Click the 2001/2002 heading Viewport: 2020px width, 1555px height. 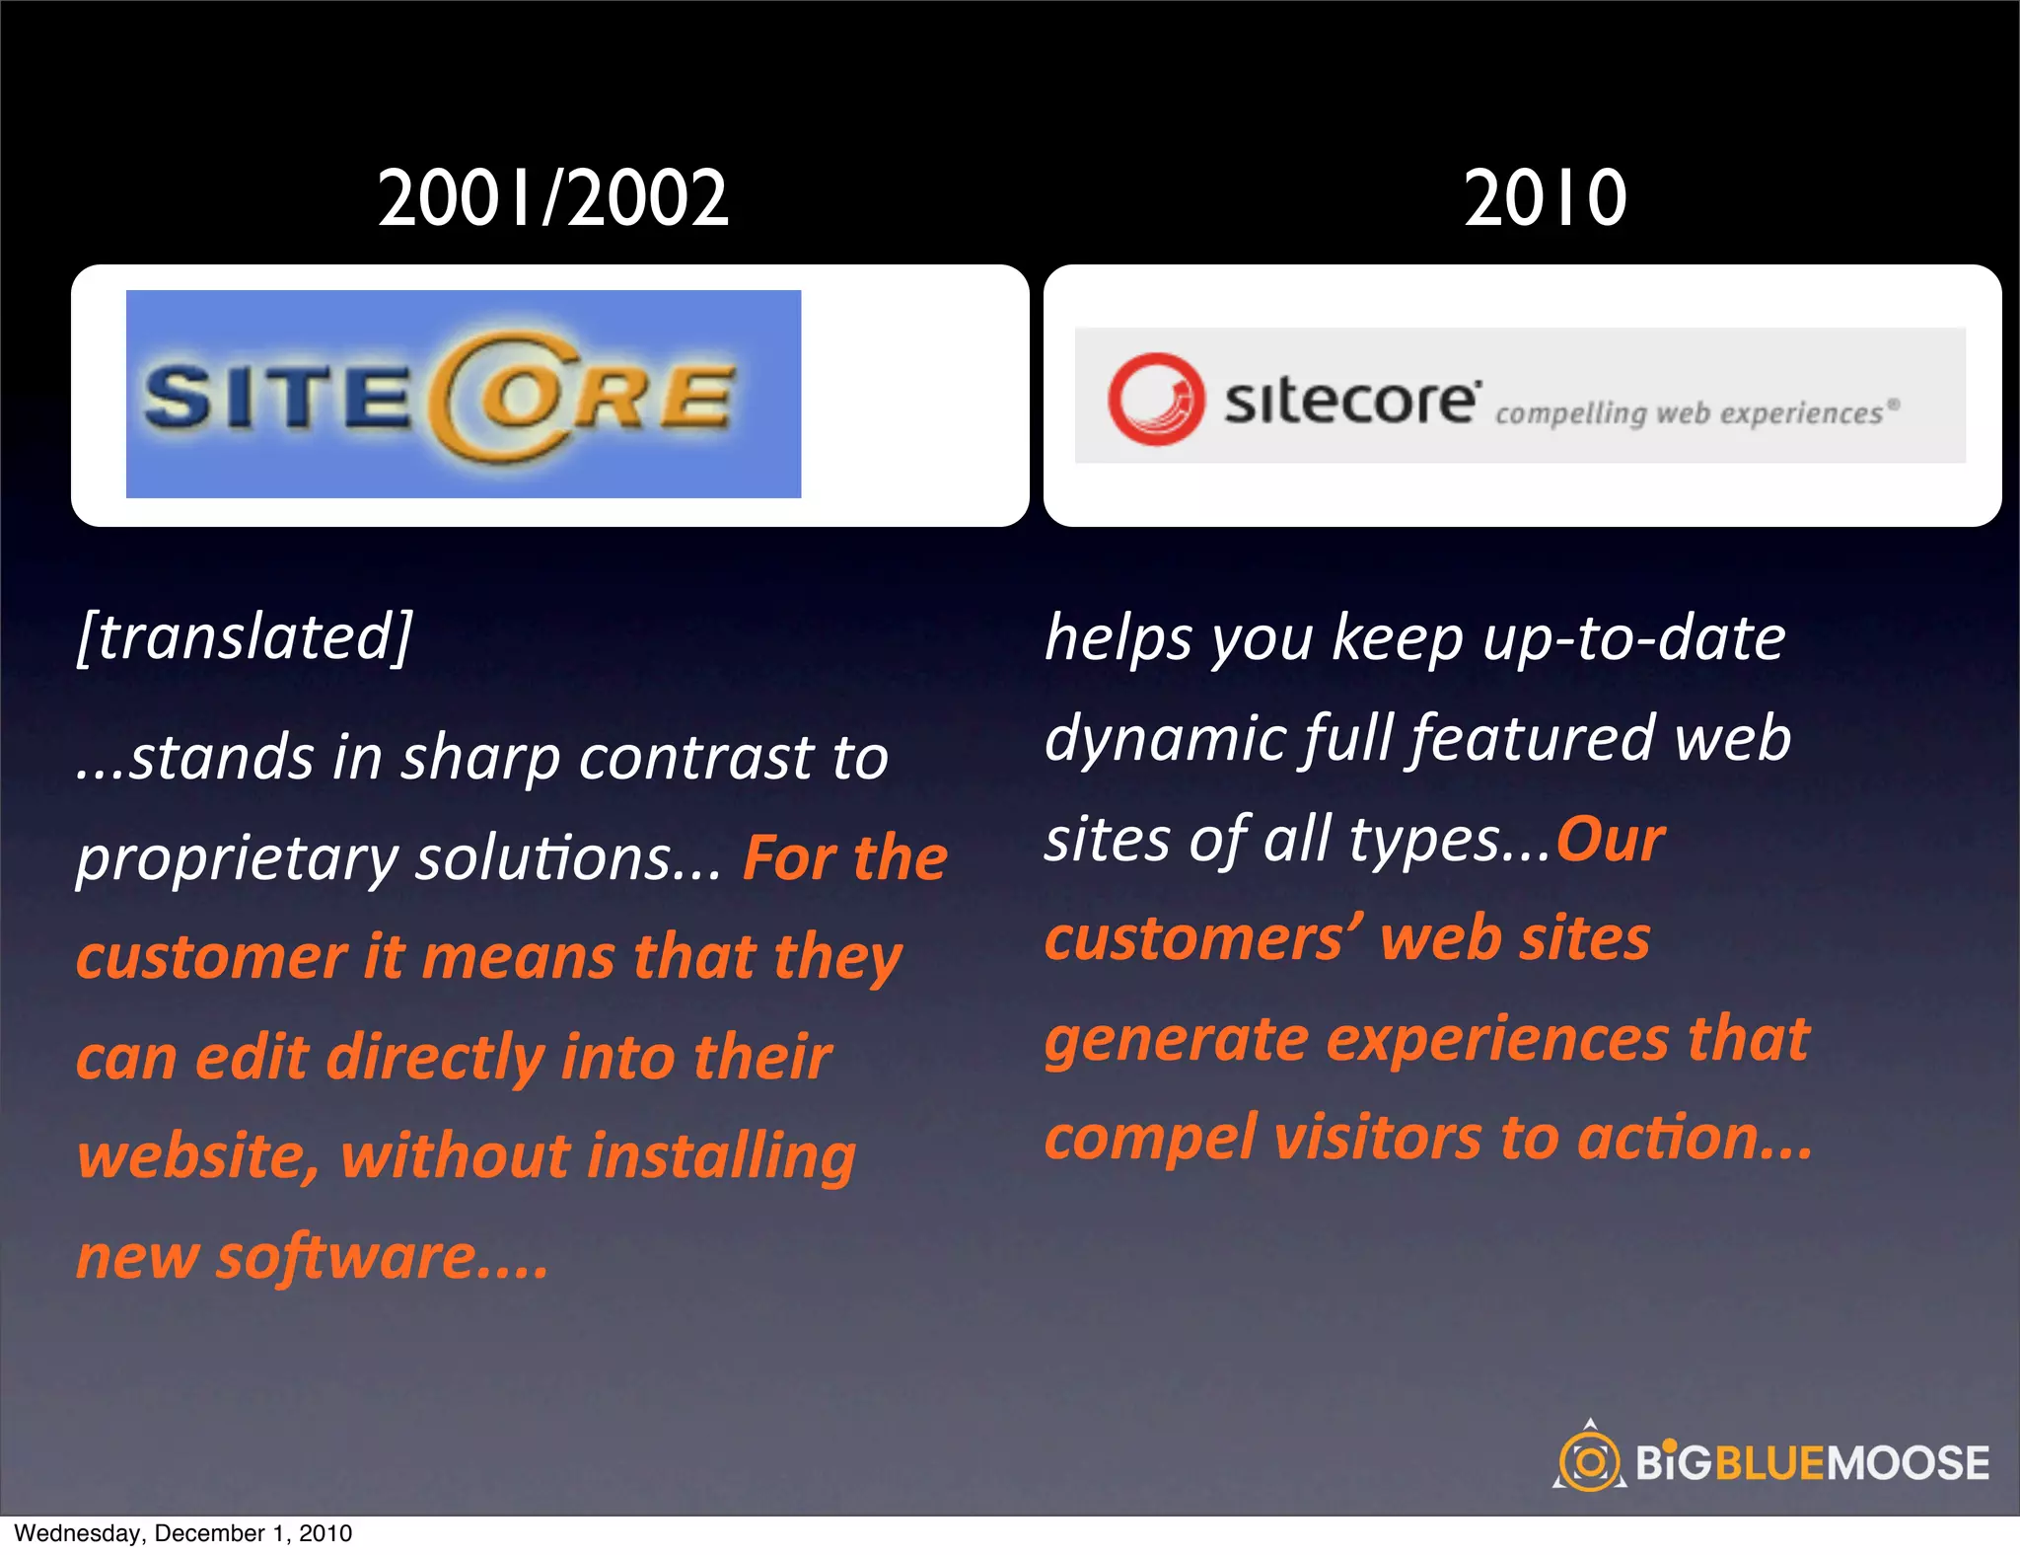(x=553, y=198)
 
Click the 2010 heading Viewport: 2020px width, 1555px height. (x=1545, y=198)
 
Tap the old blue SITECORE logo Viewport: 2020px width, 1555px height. (x=463, y=394)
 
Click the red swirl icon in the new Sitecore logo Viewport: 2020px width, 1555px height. (x=1155, y=399)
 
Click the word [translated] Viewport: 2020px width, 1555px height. (x=245, y=636)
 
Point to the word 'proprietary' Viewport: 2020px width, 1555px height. (x=237, y=858)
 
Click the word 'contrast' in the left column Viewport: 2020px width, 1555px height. (x=696, y=758)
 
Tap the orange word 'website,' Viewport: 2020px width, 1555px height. (x=197, y=1156)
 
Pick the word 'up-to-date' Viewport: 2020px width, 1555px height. (x=1633, y=637)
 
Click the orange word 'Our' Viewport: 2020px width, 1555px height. (x=1610, y=840)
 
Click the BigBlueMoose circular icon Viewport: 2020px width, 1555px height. (x=1588, y=1460)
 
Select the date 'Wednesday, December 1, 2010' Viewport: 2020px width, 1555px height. (x=183, y=1533)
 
